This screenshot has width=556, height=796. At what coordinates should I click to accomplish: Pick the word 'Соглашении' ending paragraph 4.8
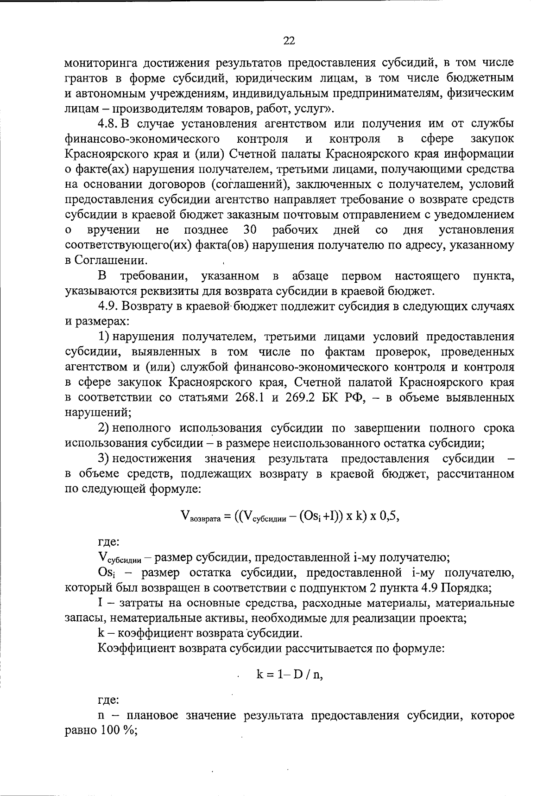coord(113,261)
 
